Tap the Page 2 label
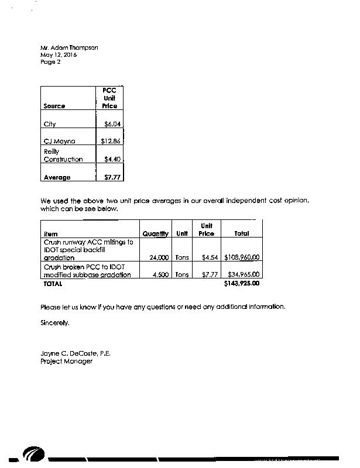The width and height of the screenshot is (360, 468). (x=50, y=61)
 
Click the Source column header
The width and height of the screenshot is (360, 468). (x=54, y=106)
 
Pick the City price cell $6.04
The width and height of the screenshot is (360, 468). (x=112, y=125)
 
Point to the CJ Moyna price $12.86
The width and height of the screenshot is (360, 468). (x=111, y=142)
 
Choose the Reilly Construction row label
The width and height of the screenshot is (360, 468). (x=63, y=155)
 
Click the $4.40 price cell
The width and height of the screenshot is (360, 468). (x=112, y=159)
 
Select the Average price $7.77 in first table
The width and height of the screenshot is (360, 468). (x=112, y=177)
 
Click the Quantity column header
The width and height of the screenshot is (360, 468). (x=155, y=233)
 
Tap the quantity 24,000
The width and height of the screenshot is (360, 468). (x=159, y=257)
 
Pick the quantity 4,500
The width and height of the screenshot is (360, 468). (x=161, y=275)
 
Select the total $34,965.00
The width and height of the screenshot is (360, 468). (x=243, y=275)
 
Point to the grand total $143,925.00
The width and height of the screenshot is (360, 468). (x=241, y=284)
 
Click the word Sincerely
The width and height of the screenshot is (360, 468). (x=55, y=322)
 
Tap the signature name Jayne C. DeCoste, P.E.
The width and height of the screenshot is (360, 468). (x=76, y=354)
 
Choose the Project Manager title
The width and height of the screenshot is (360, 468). (x=66, y=362)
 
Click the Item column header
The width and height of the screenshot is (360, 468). (x=50, y=233)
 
